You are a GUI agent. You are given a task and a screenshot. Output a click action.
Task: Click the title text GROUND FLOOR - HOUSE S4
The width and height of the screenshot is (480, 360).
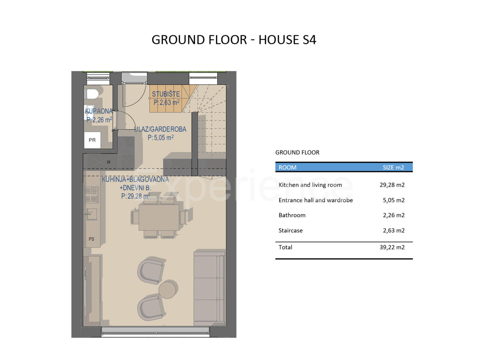234,40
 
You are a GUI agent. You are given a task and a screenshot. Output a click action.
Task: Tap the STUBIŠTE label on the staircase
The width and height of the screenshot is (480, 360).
166,94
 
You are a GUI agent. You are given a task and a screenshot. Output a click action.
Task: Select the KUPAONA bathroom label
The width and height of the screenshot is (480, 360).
99,111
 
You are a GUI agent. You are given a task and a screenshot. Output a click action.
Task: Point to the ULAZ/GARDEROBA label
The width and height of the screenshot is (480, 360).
160,129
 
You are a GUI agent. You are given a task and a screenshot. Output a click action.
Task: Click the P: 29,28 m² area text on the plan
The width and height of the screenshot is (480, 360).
136,196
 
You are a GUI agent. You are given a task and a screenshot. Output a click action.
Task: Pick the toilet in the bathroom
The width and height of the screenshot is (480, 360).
92,94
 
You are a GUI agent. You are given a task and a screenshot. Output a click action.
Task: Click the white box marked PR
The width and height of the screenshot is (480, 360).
92,140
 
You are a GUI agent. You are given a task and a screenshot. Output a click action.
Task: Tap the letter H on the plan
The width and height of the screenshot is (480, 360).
109,162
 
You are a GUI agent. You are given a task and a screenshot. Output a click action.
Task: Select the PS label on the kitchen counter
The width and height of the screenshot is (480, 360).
92,239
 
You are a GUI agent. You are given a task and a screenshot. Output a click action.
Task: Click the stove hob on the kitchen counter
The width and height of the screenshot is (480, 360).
92,194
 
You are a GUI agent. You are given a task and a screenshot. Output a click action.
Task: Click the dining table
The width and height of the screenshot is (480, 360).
159,217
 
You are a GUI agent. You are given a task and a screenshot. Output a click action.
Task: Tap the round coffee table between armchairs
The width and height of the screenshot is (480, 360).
168,289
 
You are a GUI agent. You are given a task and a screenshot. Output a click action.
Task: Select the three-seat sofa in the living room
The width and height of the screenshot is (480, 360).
209,288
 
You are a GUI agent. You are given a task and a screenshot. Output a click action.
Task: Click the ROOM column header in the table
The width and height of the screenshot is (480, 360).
287,168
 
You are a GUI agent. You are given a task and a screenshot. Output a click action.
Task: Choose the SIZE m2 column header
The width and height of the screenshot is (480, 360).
393,168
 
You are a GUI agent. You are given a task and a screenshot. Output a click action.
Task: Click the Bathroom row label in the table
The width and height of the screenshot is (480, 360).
292,215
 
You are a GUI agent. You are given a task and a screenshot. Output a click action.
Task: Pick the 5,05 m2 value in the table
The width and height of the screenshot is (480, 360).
394,200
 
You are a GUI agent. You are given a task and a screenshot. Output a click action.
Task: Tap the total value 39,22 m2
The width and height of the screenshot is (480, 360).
392,247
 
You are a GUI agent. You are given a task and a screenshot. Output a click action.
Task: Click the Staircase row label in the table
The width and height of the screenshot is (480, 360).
290,230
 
